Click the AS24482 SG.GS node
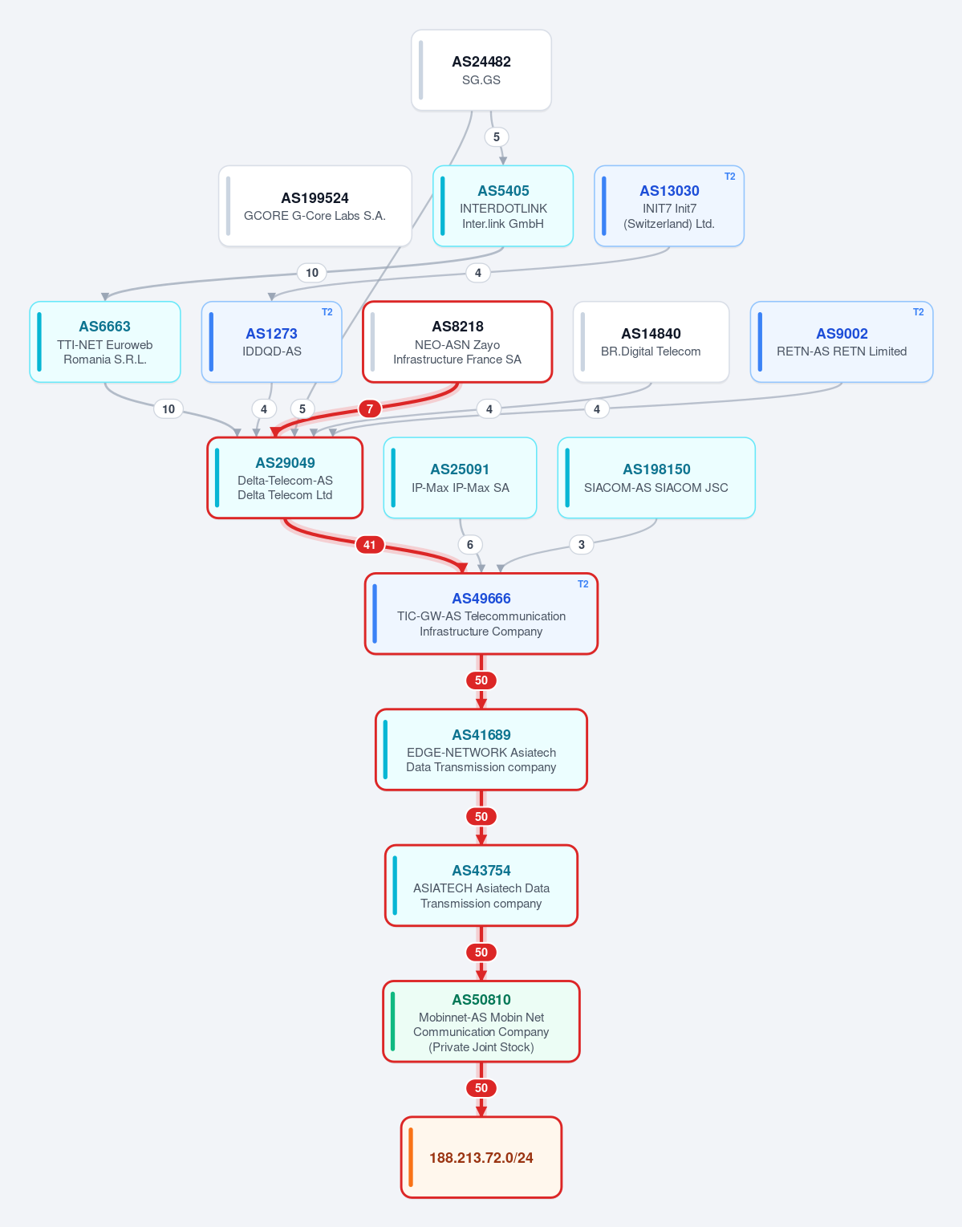tap(481, 70)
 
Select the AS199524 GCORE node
tap(315, 206)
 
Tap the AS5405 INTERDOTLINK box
tap(503, 206)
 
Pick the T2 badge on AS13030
tap(729, 177)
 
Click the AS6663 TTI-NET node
tap(105, 342)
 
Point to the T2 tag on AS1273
tap(327, 312)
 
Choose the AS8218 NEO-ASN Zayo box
tap(457, 342)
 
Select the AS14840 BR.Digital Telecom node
tap(651, 342)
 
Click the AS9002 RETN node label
tap(842, 334)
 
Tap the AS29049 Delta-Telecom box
tap(285, 477)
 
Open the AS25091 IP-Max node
tap(460, 477)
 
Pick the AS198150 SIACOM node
tap(656, 477)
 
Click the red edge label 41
tap(370, 545)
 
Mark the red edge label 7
tap(370, 408)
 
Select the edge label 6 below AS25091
tap(470, 545)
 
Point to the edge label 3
tap(582, 545)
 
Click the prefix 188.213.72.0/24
tap(481, 1157)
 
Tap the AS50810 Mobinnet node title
tap(481, 999)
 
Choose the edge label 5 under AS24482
tap(497, 137)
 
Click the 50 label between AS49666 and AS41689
tap(481, 681)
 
